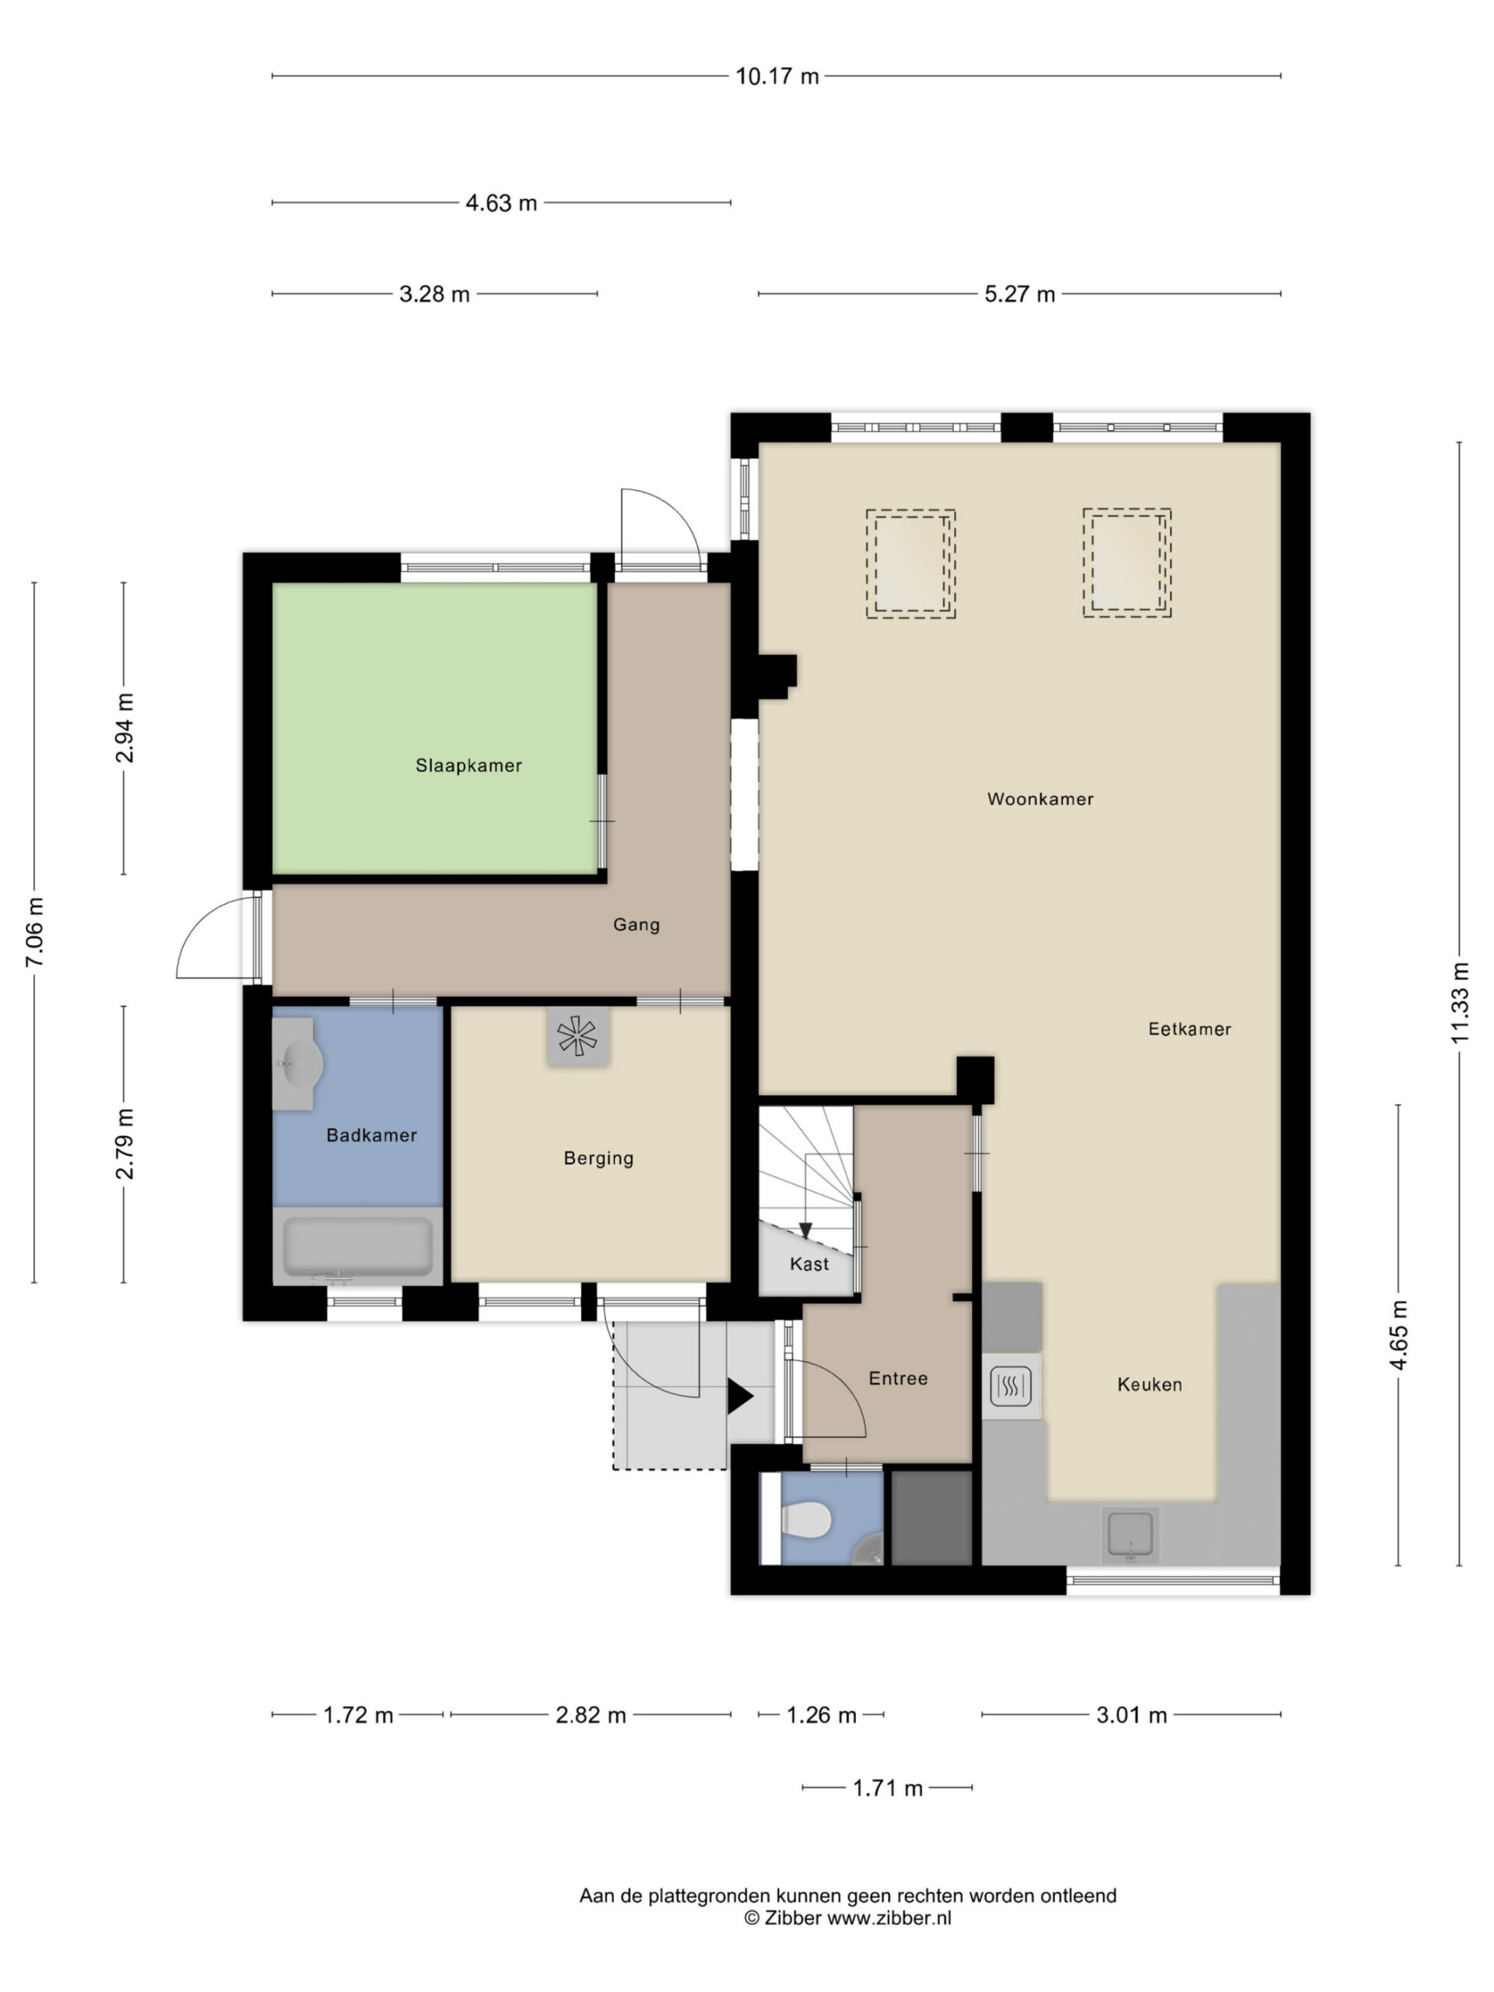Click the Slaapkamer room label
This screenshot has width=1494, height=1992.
pos(468,766)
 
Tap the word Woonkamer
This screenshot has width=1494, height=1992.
pos(1040,799)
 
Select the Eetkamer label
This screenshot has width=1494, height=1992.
pos(1189,1029)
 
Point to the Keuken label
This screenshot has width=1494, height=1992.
pos(1149,1384)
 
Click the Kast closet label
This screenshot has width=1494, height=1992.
pos(808,1264)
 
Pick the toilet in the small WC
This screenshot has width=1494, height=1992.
pos(806,1521)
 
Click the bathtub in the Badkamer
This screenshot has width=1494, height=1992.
pos(357,1247)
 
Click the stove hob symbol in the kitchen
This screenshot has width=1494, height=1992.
pos(1011,1387)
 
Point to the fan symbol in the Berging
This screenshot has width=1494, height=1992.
pos(577,1036)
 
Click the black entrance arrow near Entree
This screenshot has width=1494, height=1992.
pos(739,1397)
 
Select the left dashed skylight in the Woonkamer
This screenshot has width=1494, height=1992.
pos(910,563)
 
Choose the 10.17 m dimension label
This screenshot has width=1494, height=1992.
pos(777,76)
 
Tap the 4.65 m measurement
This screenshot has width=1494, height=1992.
pos(1398,1335)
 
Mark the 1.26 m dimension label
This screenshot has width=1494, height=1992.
pos(821,1715)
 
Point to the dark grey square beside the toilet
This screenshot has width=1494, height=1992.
pos(931,1517)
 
